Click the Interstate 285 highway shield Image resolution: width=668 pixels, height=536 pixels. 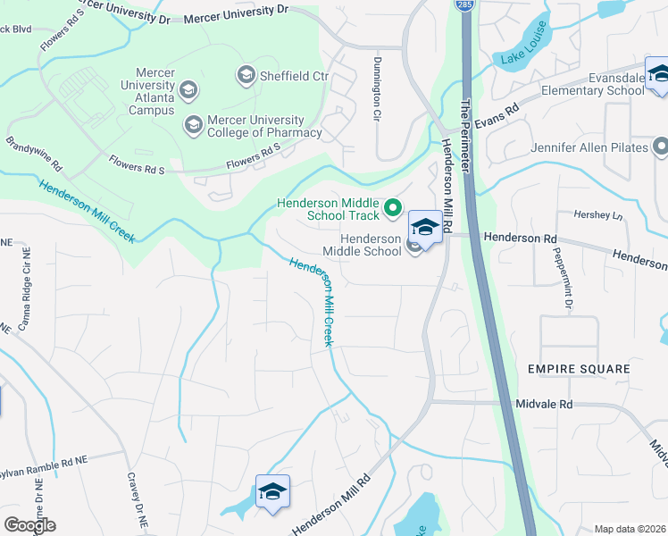coord(465,5)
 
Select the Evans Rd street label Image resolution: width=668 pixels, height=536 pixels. coord(496,116)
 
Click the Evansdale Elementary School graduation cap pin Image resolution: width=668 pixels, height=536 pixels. coord(657,74)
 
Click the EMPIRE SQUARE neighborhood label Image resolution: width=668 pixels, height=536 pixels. coord(578,369)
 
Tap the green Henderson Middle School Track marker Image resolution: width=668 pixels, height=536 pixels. coord(392,210)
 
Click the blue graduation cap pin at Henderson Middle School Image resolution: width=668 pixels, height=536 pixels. coord(425,229)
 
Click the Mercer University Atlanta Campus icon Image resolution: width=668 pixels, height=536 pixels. coord(188,89)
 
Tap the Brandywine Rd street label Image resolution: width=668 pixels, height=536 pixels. coord(34,155)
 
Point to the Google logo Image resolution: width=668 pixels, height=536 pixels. coord(29,524)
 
